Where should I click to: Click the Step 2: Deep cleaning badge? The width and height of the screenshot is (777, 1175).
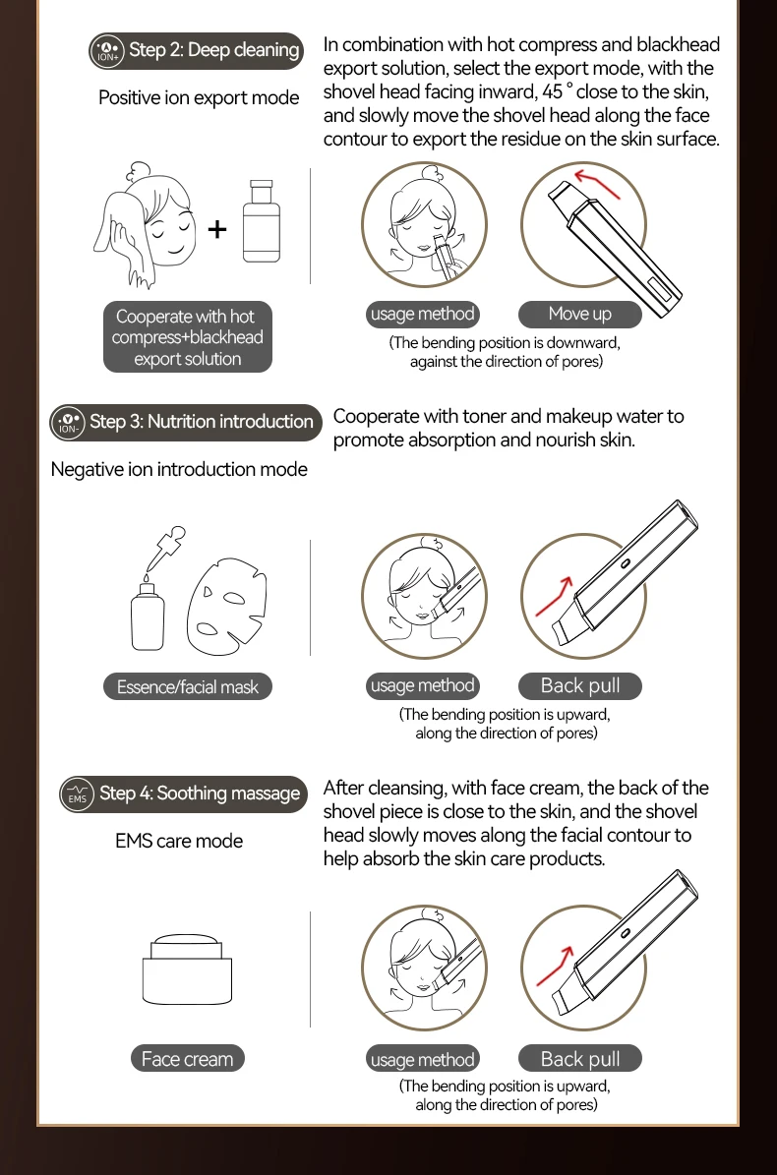pyautogui.click(x=197, y=50)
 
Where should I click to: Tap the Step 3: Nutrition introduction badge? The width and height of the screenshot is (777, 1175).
pyautogui.click(x=186, y=422)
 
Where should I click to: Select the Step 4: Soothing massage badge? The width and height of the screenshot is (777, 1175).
pyautogui.click(x=184, y=793)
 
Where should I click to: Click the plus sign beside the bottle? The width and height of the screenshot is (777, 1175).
pyautogui.click(x=217, y=228)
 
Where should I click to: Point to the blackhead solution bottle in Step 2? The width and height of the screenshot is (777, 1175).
pyautogui.click(x=262, y=221)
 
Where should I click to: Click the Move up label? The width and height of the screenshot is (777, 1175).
pyautogui.click(x=580, y=314)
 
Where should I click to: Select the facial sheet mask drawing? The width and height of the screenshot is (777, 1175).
pyautogui.click(x=227, y=606)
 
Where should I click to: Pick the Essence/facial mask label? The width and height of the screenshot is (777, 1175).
pyautogui.click(x=187, y=686)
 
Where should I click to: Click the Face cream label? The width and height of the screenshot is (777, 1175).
pyautogui.click(x=187, y=1059)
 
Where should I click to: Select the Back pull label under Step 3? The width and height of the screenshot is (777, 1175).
pyautogui.click(x=580, y=685)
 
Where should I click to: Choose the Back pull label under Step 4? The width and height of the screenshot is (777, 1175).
pyautogui.click(x=580, y=1058)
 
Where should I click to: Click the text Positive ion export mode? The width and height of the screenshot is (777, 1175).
pyautogui.click(x=199, y=98)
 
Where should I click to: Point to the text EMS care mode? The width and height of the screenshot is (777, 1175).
pyautogui.click(x=179, y=841)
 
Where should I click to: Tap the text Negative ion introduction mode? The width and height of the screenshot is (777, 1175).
pyautogui.click(x=179, y=470)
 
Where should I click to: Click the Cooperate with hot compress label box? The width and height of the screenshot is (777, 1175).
pyautogui.click(x=187, y=337)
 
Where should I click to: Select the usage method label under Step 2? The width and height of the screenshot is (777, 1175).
pyautogui.click(x=423, y=314)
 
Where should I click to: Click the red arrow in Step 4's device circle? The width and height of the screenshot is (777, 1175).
pyautogui.click(x=555, y=967)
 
